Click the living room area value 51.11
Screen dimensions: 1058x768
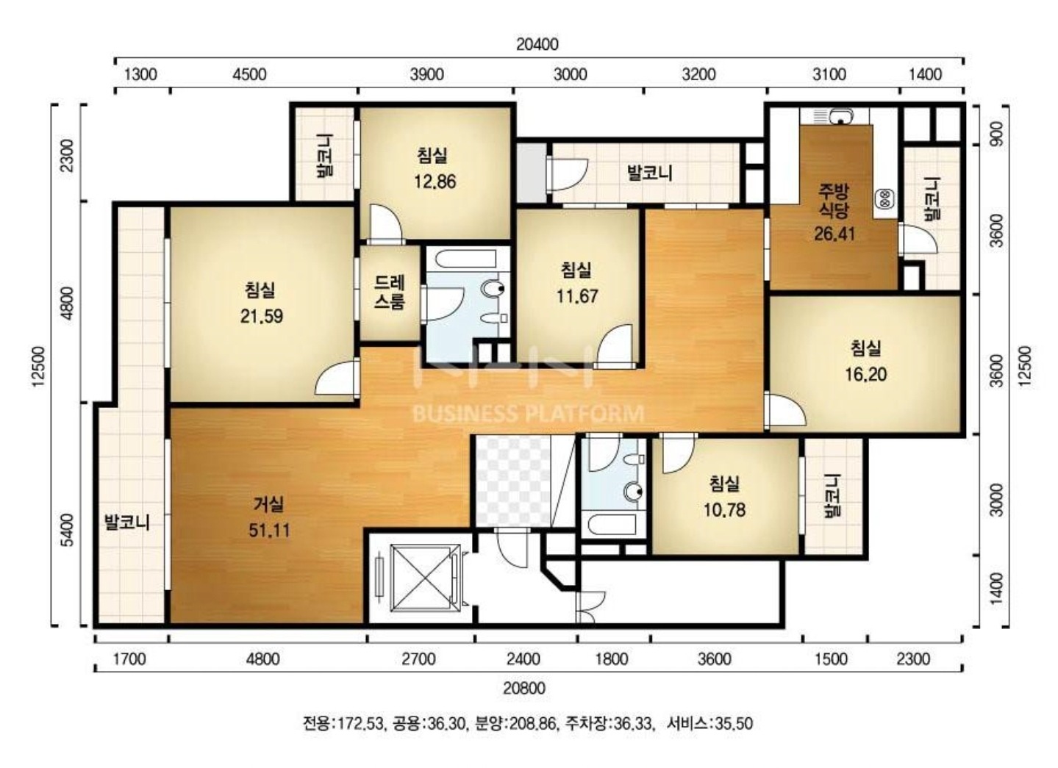269,531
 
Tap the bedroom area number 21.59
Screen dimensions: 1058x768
262,316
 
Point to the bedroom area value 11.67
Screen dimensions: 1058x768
577,296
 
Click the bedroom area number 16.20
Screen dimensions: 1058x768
866,374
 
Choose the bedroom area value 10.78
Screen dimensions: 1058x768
724,510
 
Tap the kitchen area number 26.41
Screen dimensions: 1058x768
834,234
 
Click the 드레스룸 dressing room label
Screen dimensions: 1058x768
390,293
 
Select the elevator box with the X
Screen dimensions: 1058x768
426,578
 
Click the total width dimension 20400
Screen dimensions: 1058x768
537,44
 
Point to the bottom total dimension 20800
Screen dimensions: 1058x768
524,689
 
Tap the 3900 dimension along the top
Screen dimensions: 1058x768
427,74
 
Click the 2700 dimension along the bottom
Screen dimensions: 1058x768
419,659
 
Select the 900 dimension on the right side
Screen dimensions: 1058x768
997,134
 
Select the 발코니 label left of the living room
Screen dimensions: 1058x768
127,523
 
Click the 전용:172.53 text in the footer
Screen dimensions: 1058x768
343,724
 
